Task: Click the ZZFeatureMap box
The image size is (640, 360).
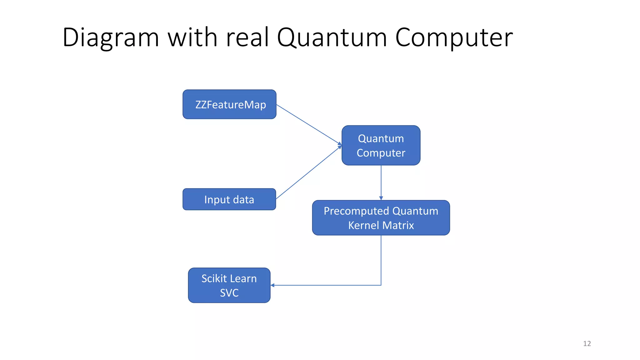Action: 229,104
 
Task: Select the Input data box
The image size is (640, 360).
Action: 229,199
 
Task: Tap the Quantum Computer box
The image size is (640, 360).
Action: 381,145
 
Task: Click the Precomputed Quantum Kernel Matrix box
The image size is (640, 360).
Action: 381,218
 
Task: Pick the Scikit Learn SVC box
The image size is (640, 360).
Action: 229,285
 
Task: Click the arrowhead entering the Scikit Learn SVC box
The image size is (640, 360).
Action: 272,285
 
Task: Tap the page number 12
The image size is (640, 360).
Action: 587,343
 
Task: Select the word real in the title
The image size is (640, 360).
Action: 247,37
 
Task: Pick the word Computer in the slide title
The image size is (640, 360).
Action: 454,37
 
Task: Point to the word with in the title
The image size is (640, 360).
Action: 192,37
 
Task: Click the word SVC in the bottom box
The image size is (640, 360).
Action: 229,293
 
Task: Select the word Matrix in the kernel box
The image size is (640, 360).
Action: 398,225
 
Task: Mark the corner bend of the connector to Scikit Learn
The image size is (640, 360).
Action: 381,285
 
